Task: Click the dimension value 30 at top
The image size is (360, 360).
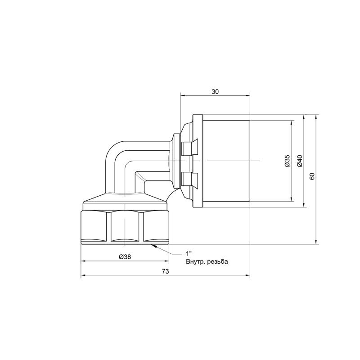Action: coord(215,92)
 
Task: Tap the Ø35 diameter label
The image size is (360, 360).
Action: coord(287,161)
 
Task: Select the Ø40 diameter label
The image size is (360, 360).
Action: coord(300,161)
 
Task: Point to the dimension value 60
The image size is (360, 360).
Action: coord(312,176)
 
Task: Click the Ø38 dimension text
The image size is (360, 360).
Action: coord(125,256)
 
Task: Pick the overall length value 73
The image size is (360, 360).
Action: coord(165,271)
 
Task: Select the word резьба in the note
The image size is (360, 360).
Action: coord(218,262)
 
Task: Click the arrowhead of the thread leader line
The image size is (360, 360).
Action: coord(153,246)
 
